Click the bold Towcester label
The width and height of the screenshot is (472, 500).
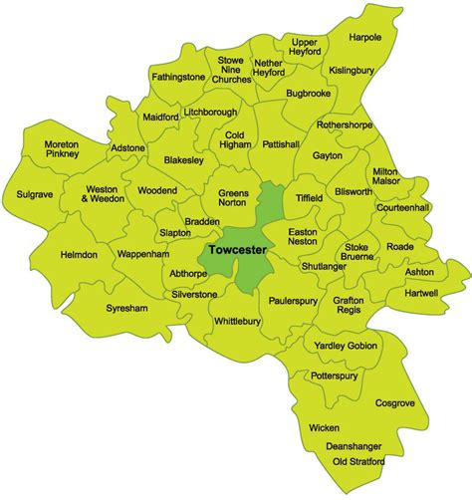pyautogui.click(x=237, y=253)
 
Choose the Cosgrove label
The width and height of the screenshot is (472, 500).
pyautogui.click(x=395, y=403)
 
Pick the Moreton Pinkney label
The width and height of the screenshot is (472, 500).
pyautogui.click(x=62, y=151)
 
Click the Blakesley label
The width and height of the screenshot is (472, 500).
pyautogui.click(x=185, y=160)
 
